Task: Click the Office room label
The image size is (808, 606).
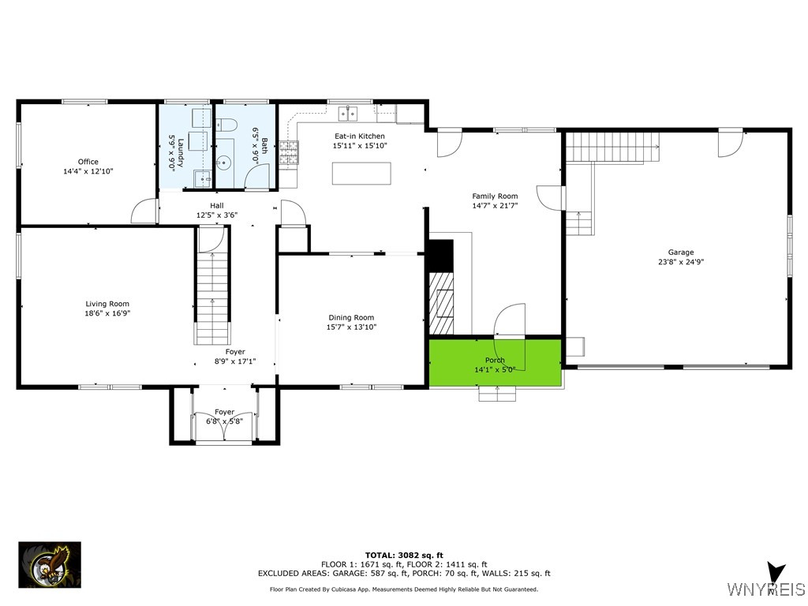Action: pos(88,162)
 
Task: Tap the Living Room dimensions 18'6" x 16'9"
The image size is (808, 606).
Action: pos(107,313)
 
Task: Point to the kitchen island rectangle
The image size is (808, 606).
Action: pos(361,173)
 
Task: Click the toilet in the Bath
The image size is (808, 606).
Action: pos(226,124)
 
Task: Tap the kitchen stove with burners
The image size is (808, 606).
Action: pos(289,151)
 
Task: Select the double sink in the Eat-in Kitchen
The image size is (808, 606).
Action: pos(347,114)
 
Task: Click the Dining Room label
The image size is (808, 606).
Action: pos(351,317)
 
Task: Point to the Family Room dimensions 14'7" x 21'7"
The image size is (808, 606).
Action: pos(495,205)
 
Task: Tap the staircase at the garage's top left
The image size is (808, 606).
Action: pos(613,146)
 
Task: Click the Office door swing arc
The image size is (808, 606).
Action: pos(145,211)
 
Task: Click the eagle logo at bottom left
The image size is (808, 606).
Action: pos(50,565)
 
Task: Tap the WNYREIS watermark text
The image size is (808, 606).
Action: pos(766,589)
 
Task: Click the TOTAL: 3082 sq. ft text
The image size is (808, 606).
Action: pos(404,555)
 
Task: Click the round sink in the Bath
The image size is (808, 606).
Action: pos(225,163)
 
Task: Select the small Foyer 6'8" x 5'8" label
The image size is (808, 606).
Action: pos(225,417)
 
